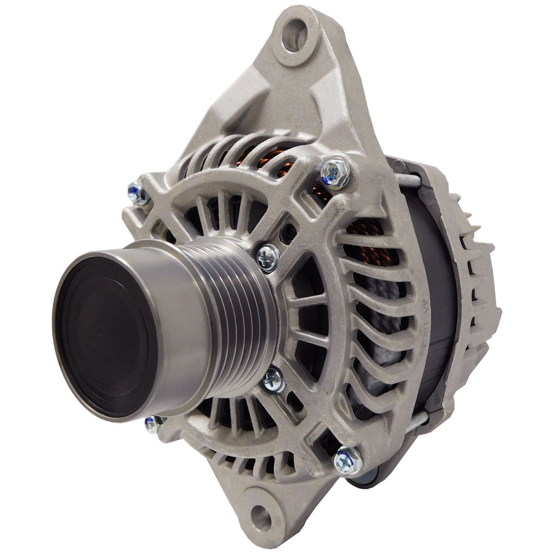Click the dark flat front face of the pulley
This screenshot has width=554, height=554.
(105, 335)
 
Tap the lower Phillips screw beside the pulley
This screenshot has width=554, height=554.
(274, 380)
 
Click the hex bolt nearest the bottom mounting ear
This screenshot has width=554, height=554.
(348, 461)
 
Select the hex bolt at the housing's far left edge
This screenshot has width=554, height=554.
(137, 193)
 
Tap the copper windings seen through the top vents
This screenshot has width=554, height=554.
(260, 154)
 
